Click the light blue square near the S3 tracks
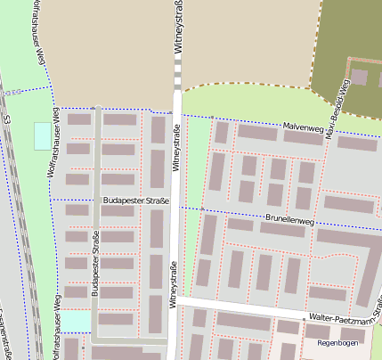tap(42, 136)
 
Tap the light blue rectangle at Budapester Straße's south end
tap(76, 320)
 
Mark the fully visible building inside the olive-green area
tap(359, 77)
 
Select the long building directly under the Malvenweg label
tap(303, 138)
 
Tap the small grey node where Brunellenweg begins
tap(202, 209)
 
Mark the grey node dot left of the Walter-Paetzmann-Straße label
tap(304, 316)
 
